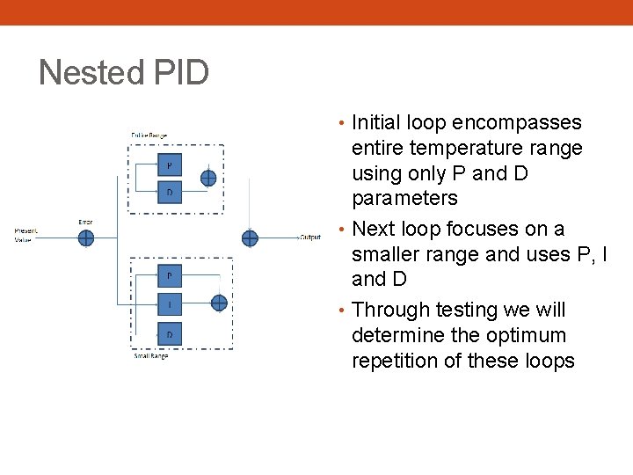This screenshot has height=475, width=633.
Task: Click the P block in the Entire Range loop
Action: tap(170, 164)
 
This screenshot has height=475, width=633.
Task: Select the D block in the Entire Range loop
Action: tap(170, 192)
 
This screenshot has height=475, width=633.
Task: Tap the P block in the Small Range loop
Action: tap(170, 275)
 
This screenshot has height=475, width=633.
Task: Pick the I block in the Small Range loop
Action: tap(170, 304)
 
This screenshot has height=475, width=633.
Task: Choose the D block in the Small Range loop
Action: tap(170, 333)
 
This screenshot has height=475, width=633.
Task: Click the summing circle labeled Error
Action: tap(85, 237)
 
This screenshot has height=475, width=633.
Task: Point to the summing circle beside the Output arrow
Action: tap(250, 237)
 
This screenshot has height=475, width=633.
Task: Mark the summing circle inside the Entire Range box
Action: tap(208, 178)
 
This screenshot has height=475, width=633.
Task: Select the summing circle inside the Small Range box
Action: tap(219, 303)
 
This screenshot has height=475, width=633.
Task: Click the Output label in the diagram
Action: tap(310, 237)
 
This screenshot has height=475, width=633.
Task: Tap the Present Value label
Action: tap(26, 235)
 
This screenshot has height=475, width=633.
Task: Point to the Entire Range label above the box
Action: tap(149, 135)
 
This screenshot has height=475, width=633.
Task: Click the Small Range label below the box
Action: tap(151, 356)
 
